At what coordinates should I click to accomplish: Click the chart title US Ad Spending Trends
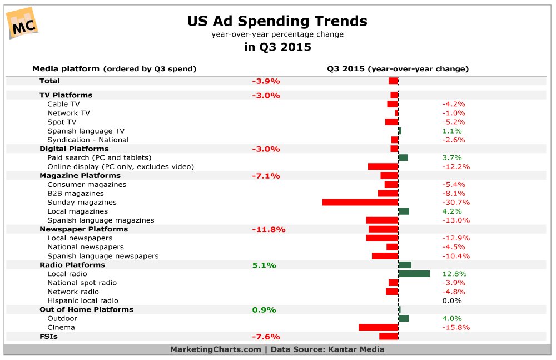tap(277, 21)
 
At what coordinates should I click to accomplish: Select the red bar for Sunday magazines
tap(360, 202)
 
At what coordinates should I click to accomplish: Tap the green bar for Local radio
tap(414, 274)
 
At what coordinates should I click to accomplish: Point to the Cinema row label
tap(61, 327)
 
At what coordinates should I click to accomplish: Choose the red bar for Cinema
tap(378, 327)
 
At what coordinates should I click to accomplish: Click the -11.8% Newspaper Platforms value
tap(269, 229)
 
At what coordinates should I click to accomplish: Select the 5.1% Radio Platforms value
tap(264, 265)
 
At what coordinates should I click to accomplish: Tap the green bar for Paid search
tap(403, 157)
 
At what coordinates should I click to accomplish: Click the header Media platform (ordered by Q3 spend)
tap(114, 69)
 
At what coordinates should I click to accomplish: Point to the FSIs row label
tap(48, 336)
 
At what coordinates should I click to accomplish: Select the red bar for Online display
tap(383, 166)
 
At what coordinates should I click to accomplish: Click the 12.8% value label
tap(454, 274)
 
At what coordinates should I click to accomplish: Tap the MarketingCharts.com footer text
tap(215, 349)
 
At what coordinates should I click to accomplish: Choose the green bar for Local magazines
tap(404, 211)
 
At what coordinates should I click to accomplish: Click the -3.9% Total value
tap(266, 81)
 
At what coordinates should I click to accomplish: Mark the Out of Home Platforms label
tap(86, 309)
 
